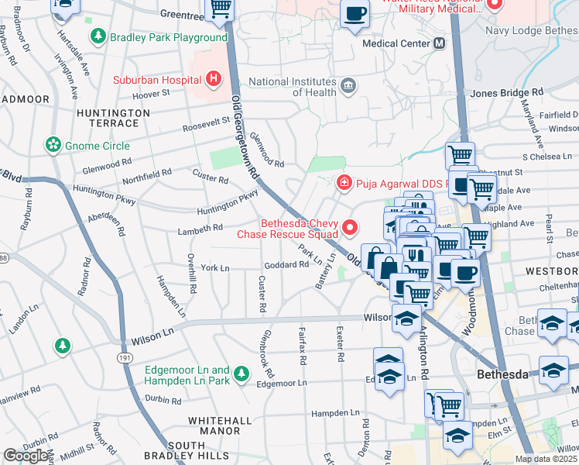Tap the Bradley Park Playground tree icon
[98, 36]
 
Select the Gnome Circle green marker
[53, 145]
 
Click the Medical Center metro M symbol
[440, 43]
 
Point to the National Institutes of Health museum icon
[348, 84]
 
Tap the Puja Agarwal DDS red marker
[343, 184]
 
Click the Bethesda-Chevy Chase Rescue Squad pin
[350, 228]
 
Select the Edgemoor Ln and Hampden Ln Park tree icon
[242, 375]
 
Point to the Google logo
[26, 456]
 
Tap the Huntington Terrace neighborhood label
[113, 118]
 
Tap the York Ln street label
[215, 268]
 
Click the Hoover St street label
[151, 93]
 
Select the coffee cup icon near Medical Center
[355, 14]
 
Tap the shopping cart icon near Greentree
[221, 8]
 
